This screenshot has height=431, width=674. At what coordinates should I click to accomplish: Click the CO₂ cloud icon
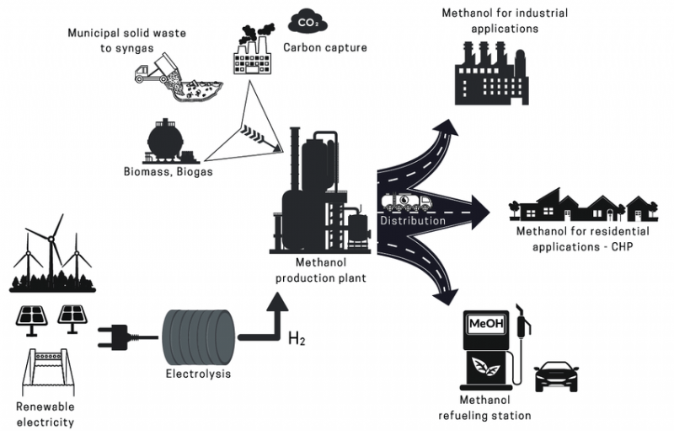point(308,22)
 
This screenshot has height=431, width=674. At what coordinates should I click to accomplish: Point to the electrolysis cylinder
point(199,337)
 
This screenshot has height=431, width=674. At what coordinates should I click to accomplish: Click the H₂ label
point(297,338)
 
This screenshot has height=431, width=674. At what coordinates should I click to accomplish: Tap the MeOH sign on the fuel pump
point(486,324)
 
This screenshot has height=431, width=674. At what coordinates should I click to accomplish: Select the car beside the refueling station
point(556,377)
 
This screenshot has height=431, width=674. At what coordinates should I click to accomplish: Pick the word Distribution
point(413,221)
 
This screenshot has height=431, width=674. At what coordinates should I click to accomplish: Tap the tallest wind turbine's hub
point(51,239)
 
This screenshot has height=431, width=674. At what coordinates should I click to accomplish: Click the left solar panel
point(31,320)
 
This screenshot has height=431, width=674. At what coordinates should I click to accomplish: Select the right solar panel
point(72,319)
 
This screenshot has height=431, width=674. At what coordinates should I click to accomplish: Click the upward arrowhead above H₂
point(277,301)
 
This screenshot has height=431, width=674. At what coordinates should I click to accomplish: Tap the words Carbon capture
point(325,47)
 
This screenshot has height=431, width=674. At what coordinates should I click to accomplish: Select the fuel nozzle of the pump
point(522,321)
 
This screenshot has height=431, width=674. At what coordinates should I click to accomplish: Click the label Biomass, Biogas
point(168,171)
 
